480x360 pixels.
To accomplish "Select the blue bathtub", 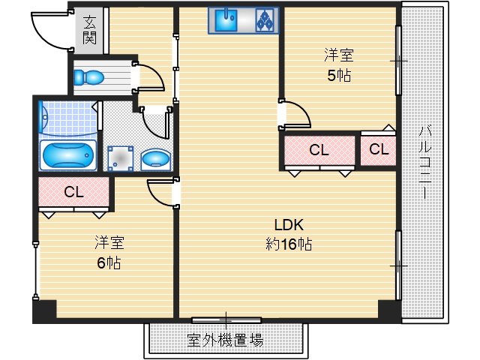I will pyautogui.click(x=68, y=156).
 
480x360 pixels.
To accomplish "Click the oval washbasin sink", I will pyautogui.click(x=155, y=159).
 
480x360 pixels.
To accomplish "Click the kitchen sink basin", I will pyautogui.click(x=226, y=20).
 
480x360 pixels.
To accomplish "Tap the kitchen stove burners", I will pyautogui.click(x=265, y=21).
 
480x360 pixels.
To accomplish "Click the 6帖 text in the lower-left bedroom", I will pyautogui.click(x=109, y=262).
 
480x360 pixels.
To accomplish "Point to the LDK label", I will pyautogui.click(x=289, y=226).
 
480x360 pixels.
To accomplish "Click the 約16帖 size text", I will pyautogui.click(x=289, y=244).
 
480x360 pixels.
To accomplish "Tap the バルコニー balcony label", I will pyautogui.click(x=424, y=161).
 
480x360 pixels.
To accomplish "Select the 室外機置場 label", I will pyautogui.click(x=225, y=340).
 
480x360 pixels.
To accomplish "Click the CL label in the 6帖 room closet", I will pyautogui.click(x=73, y=192).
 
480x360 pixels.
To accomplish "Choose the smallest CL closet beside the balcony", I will pyautogui.click(x=379, y=150).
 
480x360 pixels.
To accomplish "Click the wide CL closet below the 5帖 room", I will pyautogui.click(x=319, y=150).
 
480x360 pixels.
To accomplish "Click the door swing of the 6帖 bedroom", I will pyautogui.click(x=162, y=193).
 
